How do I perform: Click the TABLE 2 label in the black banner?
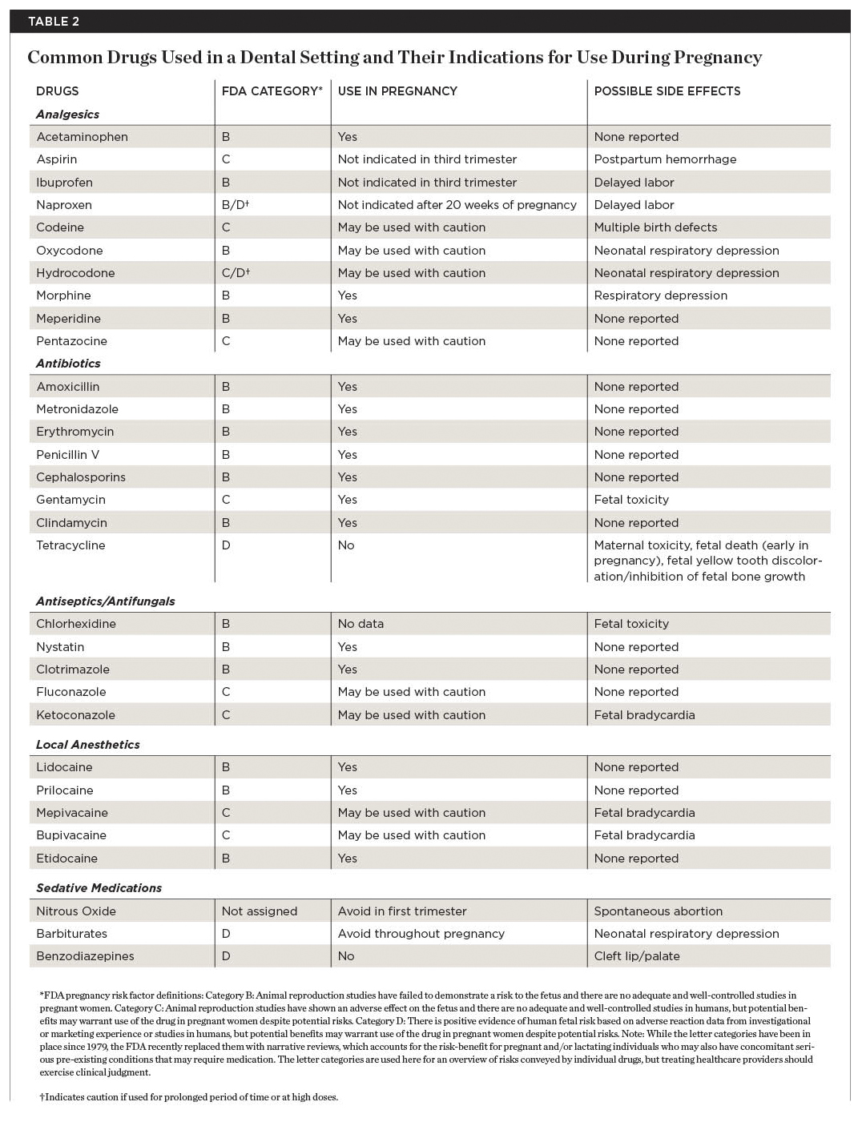tap(54, 22)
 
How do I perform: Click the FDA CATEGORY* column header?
tap(272, 91)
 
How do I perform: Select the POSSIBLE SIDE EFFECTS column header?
tap(667, 91)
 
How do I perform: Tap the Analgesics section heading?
tap(67, 115)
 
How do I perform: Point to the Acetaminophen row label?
tap(82, 137)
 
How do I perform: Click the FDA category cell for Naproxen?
tap(236, 205)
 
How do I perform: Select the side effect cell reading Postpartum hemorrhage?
tap(665, 159)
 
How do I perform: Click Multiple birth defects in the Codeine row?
tap(655, 227)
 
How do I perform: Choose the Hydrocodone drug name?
tap(75, 273)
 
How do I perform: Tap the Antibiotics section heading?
tap(68, 364)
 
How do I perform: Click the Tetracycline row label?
tap(70, 545)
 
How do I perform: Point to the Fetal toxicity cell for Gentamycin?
tap(631, 500)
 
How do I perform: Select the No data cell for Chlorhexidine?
tap(361, 624)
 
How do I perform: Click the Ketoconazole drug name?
tap(75, 715)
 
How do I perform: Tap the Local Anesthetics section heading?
tap(87, 745)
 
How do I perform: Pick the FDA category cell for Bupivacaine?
tap(226, 835)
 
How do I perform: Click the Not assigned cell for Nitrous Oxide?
tap(259, 911)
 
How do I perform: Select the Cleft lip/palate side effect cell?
tap(636, 956)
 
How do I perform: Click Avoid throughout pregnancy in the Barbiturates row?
tap(421, 934)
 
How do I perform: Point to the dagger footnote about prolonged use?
tap(189, 1097)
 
